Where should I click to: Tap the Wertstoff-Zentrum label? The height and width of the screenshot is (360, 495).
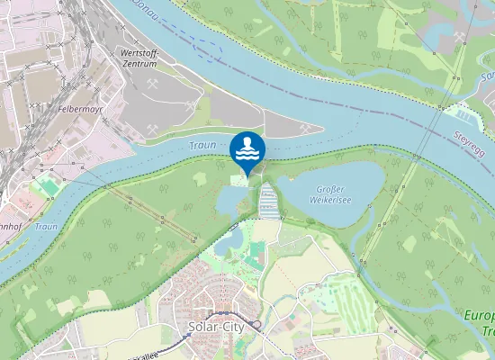point(138,58)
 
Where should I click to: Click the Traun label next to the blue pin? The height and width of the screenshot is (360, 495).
point(202,145)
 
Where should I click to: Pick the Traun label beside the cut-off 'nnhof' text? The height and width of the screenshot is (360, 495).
point(46,227)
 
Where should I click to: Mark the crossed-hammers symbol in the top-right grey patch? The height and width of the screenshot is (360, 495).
point(461,37)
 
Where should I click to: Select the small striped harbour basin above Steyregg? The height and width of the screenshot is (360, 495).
point(464,114)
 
